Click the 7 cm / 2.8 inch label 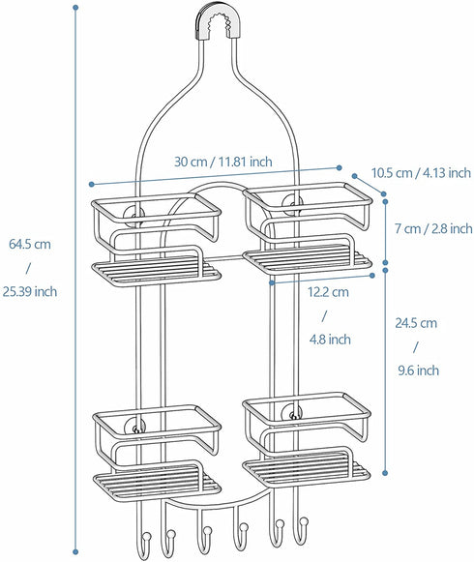pos(434,228)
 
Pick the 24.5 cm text pos(416,322)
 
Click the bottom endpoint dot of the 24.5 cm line pos(385,473)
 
